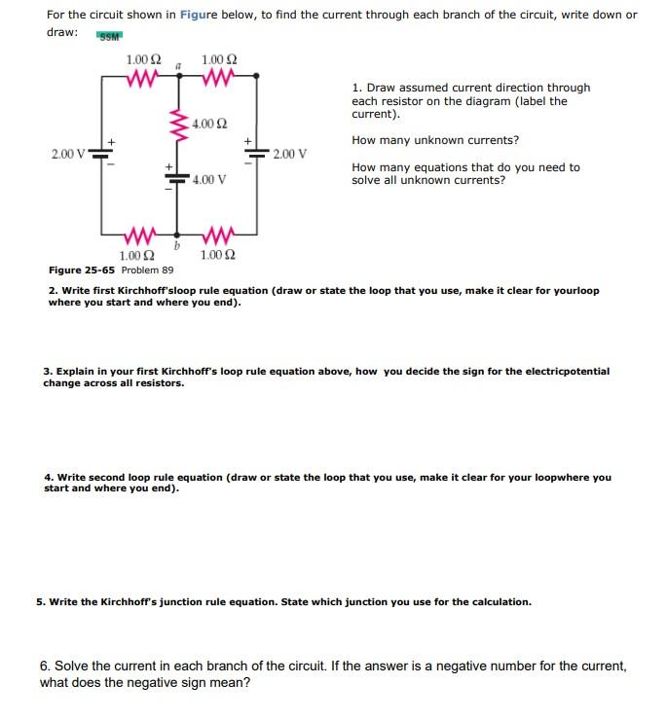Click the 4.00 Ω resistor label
coord(210,124)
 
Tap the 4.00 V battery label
coord(209,179)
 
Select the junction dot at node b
coord(176,234)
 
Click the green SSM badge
coord(109,36)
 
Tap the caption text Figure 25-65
coord(82,270)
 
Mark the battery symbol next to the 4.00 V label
coord(177,180)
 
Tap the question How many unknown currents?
coord(434,140)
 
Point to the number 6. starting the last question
coord(46,667)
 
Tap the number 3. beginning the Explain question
coord(48,371)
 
